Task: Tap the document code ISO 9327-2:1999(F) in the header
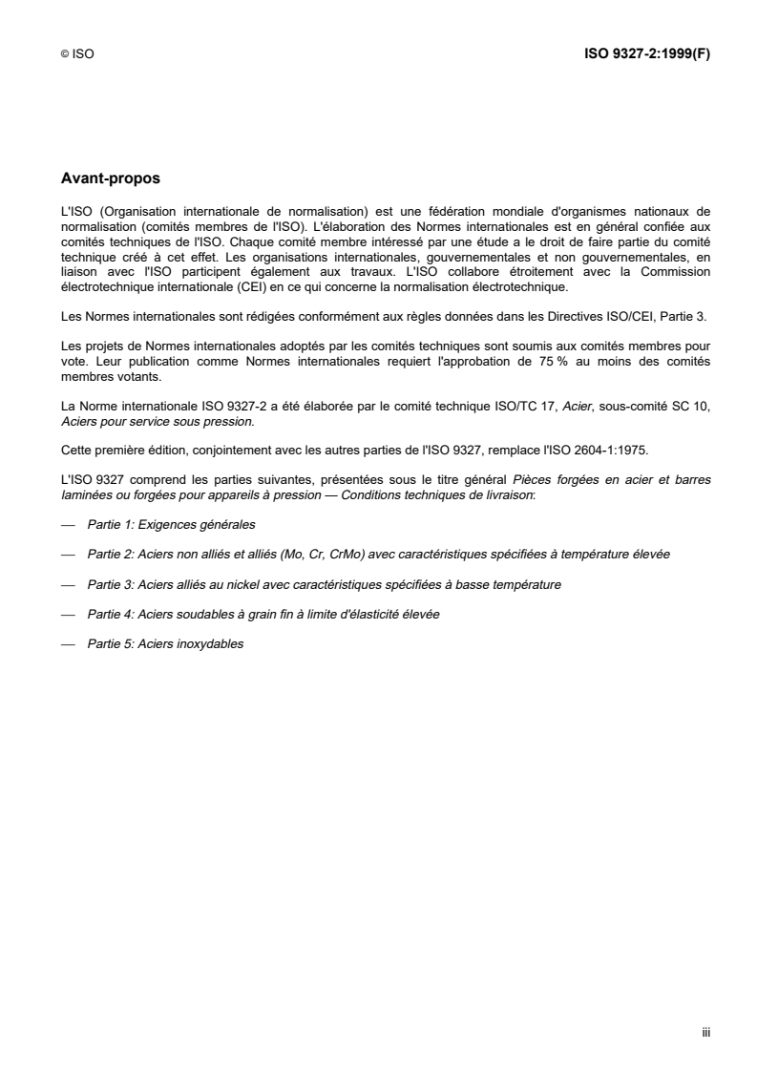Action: click(x=646, y=54)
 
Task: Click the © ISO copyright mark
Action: click(x=76, y=55)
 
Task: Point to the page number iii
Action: click(x=705, y=1032)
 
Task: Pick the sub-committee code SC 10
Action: click(x=690, y=408)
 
